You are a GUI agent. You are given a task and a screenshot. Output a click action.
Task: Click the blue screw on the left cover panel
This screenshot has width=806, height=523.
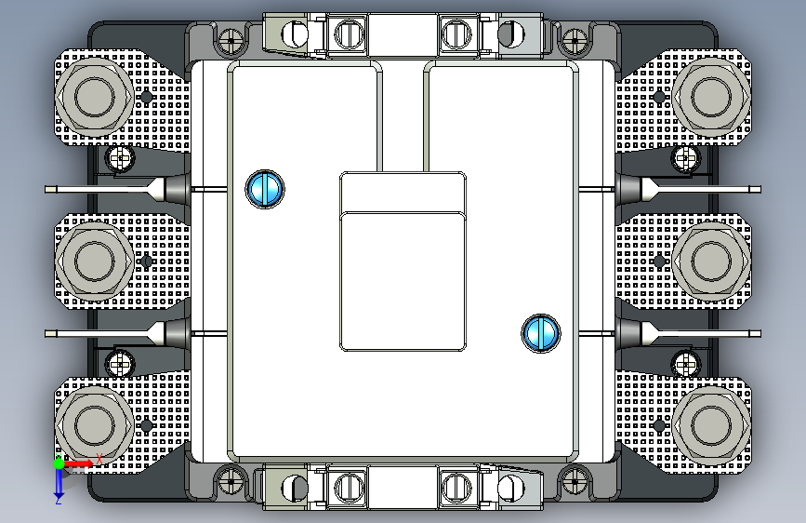point(264,189)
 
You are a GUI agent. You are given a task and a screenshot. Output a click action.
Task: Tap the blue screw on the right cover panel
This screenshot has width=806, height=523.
point(541,333)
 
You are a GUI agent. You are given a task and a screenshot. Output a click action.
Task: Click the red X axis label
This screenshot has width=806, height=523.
point(99,460)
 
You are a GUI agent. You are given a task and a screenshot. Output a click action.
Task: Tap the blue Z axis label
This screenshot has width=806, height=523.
point(58,499)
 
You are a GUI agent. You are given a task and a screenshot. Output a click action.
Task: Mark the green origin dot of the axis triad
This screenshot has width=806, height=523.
point(58,463)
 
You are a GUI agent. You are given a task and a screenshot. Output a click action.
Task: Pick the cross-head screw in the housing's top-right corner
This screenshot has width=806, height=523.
point(574,40)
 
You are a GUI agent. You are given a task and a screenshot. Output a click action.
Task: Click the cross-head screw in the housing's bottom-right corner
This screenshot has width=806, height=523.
point(574,481)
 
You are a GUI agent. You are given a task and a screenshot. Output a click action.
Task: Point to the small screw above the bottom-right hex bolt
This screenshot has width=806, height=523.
point(685,357)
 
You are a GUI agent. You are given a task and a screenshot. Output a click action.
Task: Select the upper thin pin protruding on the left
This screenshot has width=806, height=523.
point(93,189)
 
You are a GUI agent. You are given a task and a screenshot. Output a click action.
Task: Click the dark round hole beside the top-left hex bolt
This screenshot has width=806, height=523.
point(146,98)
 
